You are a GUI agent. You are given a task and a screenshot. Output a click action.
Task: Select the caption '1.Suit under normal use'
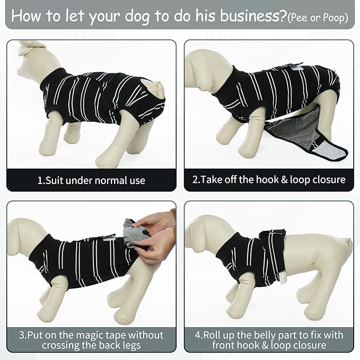pyautogui.click(x=91, y=180)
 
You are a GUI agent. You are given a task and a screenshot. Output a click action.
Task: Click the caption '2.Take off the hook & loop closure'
pyautogui.click(x=269, y=180)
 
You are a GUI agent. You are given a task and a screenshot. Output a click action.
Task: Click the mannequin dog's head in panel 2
pyautogui.click(x=201, y=66)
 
